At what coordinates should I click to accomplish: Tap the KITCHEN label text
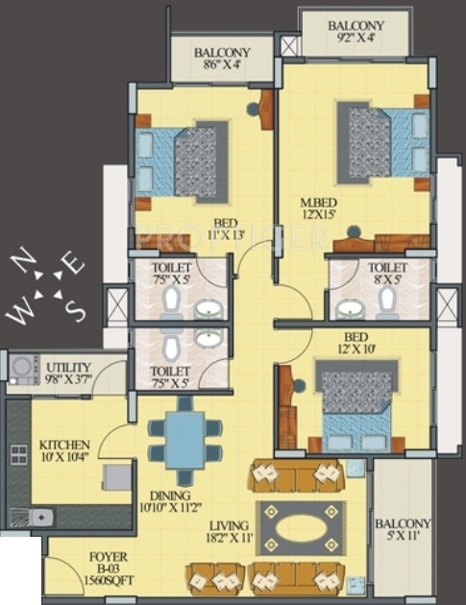click(x=65, y=445)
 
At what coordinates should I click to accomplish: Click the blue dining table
click(x=183, y=441)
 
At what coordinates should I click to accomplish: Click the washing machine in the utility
click(x=21, y=367)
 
